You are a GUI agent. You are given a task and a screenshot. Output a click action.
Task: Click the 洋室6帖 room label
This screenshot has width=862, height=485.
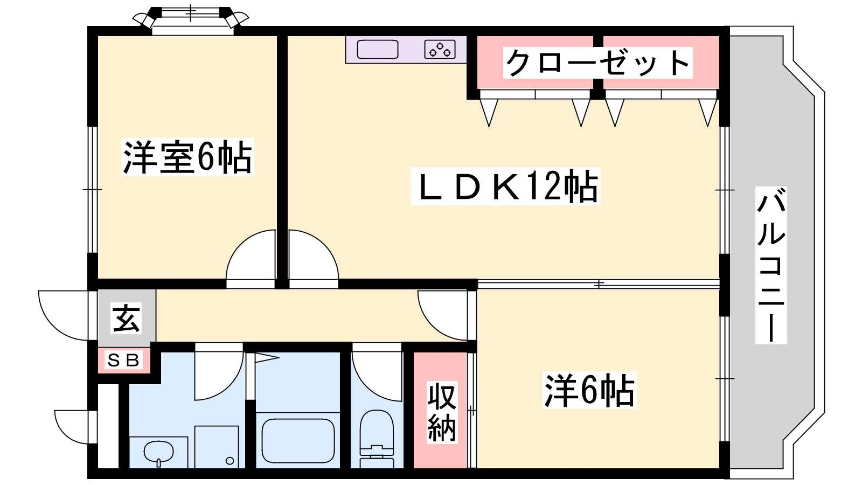(x=187, y=157)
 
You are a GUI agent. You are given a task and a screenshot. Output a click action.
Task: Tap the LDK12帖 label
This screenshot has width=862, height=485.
(x=505, y=186)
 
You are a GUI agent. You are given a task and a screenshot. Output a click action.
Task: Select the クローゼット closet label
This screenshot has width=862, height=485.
(x=597, y=63)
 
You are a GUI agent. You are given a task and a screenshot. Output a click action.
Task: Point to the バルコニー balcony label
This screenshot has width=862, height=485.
(x=771, y=265)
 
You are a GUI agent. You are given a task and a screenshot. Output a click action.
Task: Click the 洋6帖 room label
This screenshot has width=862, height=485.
(x=589, y=390)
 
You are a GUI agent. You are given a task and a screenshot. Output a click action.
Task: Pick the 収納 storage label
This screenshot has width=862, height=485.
(x=442, y=412)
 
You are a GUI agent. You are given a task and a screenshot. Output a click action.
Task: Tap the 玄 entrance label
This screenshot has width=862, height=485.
(x=126, y=318)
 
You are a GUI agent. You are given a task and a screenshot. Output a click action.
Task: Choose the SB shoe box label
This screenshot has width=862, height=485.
(x=123, y=361)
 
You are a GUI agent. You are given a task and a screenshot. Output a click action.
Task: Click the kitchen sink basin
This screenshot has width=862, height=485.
(x=378, y=50)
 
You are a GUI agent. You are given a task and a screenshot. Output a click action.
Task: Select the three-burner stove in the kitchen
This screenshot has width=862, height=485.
(x=440, y=50)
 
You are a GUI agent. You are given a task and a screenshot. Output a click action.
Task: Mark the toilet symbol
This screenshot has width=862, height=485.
(x=377, y=439)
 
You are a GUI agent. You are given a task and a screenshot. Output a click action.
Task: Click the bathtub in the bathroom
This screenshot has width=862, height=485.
(x=298, y=441)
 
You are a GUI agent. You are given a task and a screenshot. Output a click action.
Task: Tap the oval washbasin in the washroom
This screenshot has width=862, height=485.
(x=158, y=452)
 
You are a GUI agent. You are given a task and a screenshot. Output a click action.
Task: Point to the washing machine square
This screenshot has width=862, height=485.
(x=216, y=447)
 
